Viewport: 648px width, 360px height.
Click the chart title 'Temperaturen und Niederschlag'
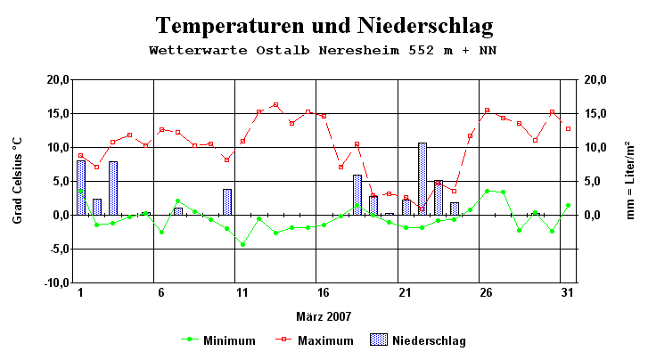click(324, 25)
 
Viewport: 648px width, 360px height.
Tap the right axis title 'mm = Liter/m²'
click(630, 180)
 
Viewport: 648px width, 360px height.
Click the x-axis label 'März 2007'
click(324, 315)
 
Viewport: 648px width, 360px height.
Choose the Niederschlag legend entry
click(419, 340)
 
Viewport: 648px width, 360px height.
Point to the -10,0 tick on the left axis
click(54, 282)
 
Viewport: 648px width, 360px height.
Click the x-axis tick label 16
click(324, 292)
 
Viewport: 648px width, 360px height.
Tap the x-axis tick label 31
click(566, 292)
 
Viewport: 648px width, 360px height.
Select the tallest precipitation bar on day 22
click(422, 178)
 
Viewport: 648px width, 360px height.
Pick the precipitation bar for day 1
click(81, 188)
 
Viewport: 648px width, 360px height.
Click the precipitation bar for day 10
click(227, 202)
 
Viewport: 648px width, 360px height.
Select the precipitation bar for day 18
click(357, 195)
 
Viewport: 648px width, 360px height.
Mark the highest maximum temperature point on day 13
click(275, 105)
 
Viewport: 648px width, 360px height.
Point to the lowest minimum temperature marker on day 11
click(242, 244)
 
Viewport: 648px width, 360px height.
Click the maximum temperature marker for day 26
click(487, 110)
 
